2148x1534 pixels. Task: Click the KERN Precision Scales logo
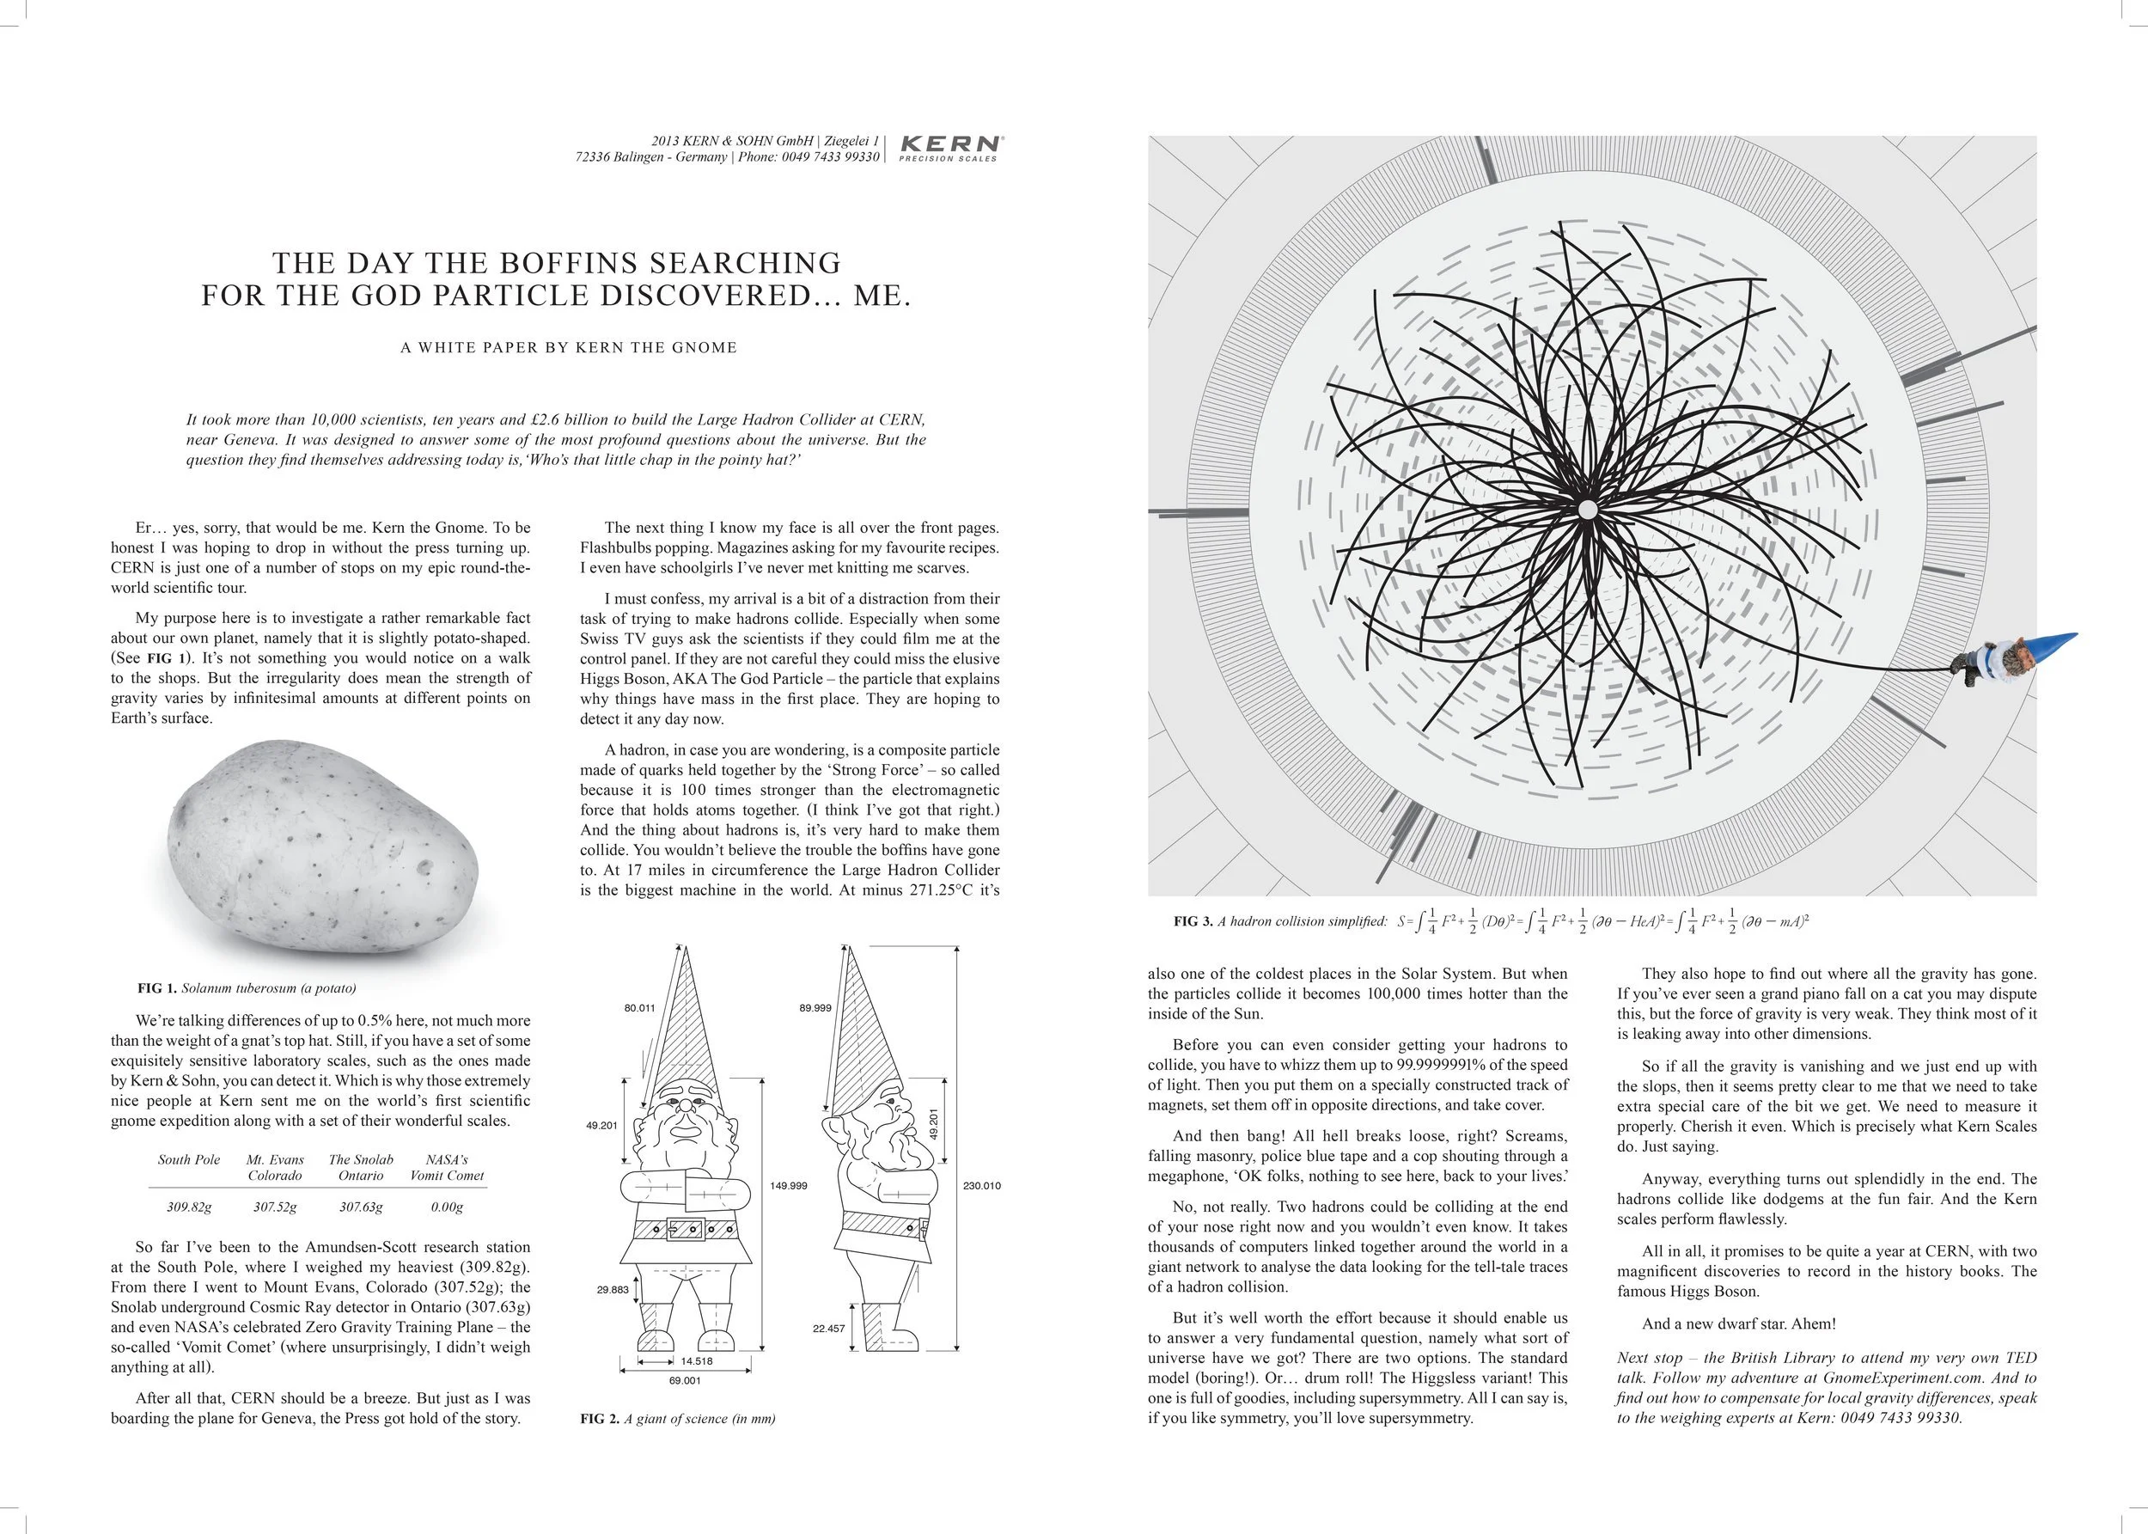(949, 147)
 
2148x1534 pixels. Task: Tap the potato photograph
(322, 846)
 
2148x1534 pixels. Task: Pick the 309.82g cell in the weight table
(189, 1207)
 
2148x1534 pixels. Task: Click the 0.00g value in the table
(447, 1207)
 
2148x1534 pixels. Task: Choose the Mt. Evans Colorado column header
(275, 1168)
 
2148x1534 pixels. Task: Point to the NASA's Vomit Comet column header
(447, 1168)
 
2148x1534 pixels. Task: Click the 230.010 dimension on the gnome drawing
(981, 1185)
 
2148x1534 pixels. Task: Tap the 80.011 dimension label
(639, 1008)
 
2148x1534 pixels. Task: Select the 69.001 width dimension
(685, 1380)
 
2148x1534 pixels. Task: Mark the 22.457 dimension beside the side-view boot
(828, 1328)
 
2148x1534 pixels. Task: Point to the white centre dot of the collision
(1587, 510)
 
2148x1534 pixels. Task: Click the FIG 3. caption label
(1193, 921)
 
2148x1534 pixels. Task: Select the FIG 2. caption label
(599, 1418)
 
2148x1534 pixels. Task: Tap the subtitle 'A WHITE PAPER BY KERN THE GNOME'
(569, 347)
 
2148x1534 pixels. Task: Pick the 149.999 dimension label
(789, 1185)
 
